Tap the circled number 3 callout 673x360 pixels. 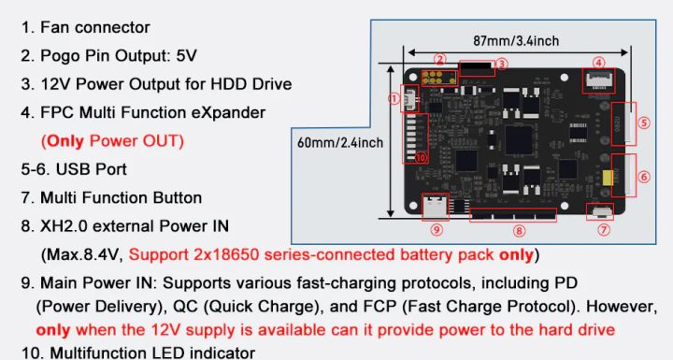(x=501, y=64)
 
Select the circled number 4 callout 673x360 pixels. (x=598, y=64)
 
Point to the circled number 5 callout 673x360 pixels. (x=644, y=122)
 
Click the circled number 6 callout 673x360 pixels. (x=644, y=176)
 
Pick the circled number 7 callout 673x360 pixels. (x=604, y=228)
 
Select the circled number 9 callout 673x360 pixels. (x=437, y=228)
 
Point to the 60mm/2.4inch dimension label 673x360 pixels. (x=338, y=142)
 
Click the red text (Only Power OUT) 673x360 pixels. (x=111, y=141)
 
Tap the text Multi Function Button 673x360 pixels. (x=121, y=198)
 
